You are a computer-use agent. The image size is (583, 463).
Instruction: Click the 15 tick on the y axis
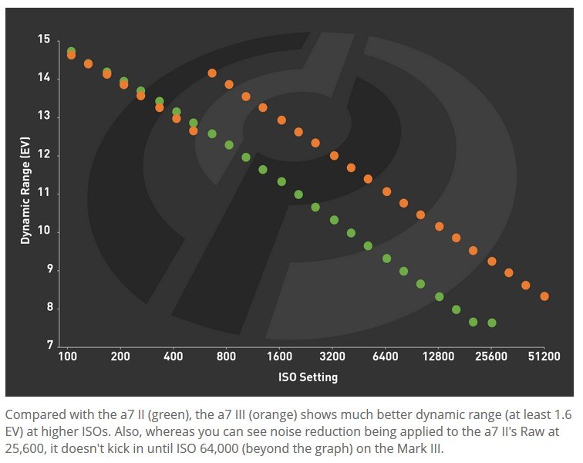click(x=45, y=39)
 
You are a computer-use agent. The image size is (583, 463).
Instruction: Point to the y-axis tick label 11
click(x=45, y=193)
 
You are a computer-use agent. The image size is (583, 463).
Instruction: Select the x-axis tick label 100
click(x=67, y=357)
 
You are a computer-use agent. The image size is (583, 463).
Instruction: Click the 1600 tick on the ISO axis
click(x=279, y=357)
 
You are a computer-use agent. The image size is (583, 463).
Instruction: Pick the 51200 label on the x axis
click(x=544, y=357)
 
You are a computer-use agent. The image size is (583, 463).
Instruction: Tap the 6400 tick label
click(x=385, y=357)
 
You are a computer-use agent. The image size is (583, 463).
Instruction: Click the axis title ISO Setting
click(x=307, y=377)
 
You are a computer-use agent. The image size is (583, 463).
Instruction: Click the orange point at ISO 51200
click(x=544, y=296)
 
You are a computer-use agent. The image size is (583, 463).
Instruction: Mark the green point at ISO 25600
click(x=492, y=323)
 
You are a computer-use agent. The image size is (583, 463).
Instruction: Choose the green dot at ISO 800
click(x=228, y=145)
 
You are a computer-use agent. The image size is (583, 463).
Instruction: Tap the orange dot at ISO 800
click(x=229, y=85)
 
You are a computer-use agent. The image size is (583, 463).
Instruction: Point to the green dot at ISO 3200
click(x=334, y=220)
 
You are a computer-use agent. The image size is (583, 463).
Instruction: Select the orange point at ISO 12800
click(x=440, y=227)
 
